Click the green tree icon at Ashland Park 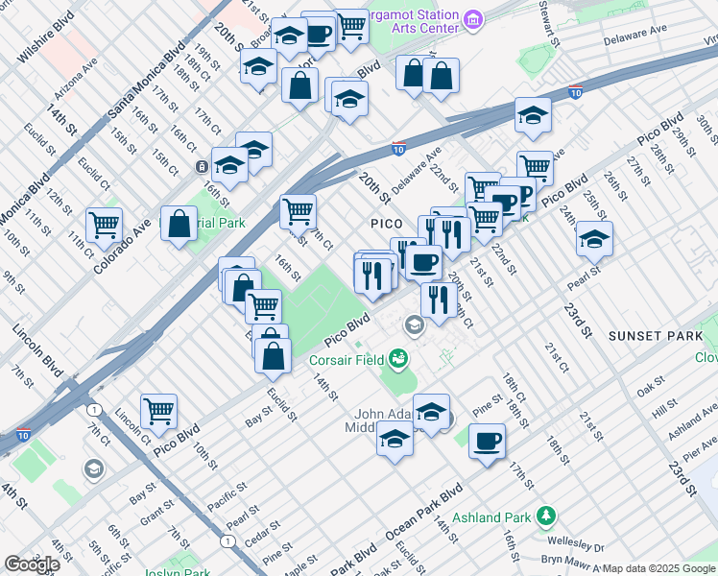[x=546, y=516]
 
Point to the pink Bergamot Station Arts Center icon [x=472, y=19]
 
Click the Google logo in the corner [x=32, y=564]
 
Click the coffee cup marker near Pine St [x=488, y=442]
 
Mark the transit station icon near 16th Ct [x=203, y=167]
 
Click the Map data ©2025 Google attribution [x=659, y=568]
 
